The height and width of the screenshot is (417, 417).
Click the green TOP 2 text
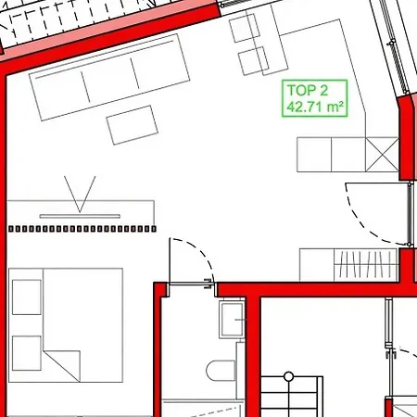(308, 91)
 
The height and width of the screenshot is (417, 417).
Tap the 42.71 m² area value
(315, 107)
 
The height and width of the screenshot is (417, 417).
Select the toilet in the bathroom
(221, 371)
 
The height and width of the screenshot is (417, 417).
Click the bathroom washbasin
(232, 320)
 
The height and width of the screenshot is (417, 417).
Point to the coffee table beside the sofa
(133, 125)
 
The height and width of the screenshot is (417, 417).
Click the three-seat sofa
(109, 77)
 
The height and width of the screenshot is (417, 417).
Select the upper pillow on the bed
(27, 297)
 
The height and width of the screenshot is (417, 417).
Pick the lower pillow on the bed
(27, 353)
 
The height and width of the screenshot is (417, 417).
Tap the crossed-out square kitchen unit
(382, 155)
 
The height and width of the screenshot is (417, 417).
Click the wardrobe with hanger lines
(365, 265)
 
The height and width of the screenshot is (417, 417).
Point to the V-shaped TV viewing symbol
(80, 194)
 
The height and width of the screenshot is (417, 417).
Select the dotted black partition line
(82, 229)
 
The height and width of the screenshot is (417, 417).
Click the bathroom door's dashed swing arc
(201, 251)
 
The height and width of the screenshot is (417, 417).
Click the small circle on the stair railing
(288, 376)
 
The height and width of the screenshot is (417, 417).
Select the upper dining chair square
(245, 28)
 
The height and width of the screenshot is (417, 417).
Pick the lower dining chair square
(253, 61)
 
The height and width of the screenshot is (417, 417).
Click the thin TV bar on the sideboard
(80, 216)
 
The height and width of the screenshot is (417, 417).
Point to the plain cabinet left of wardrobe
(317, 265)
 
